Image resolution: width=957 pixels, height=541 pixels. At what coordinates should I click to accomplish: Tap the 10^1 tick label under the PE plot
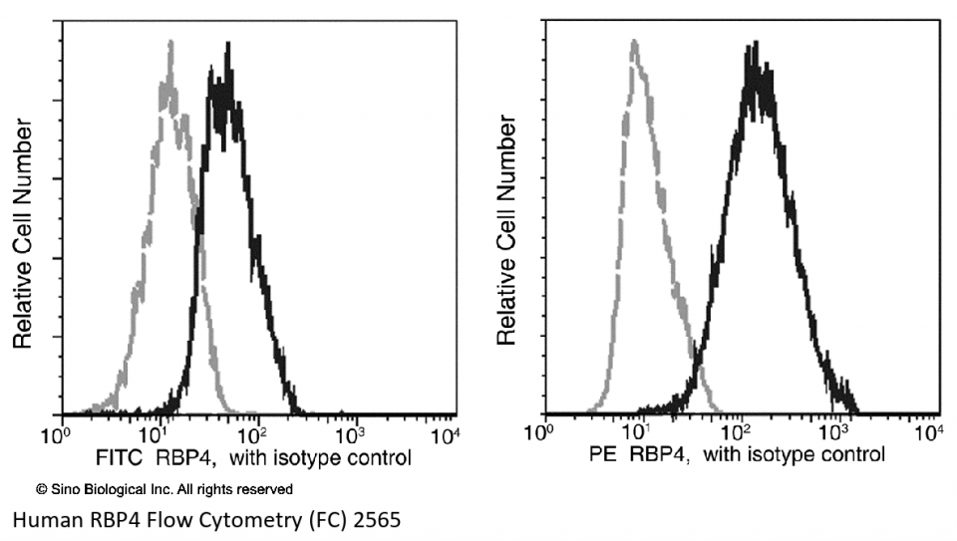click(x=635, y=434)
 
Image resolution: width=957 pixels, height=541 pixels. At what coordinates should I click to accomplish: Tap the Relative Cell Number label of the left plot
click(x=23, y=233)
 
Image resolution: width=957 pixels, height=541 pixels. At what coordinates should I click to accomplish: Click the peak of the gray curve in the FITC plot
click(x=171, y=42)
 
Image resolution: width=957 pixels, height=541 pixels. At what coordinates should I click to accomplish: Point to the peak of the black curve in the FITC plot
click(x=228, y=44)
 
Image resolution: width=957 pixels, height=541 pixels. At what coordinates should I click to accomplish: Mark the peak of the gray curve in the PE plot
click(x=633, y=42)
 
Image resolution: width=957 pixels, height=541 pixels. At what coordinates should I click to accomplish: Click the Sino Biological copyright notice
click(x=164, y=489)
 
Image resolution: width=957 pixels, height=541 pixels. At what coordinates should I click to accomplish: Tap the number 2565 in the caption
click(x=382, y=519)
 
